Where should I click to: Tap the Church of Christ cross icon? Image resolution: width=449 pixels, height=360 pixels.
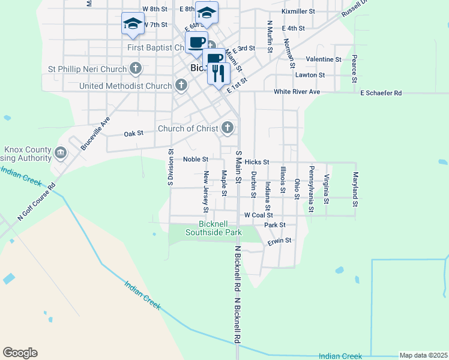227,128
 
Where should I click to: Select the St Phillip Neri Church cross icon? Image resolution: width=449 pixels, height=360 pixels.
136,68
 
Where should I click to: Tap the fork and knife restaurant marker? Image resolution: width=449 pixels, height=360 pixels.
218,73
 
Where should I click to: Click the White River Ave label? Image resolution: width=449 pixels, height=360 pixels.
297,92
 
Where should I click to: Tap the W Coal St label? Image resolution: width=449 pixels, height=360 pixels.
258,215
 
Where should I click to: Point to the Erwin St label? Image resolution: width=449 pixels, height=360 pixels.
279,241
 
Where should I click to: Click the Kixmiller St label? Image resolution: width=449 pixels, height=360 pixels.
298,11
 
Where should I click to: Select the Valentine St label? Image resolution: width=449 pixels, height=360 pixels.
324,60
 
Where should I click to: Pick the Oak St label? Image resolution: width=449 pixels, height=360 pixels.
133,134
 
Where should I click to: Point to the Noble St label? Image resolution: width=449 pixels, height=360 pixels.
196,160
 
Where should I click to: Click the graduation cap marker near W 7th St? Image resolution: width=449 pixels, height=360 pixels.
133,23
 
